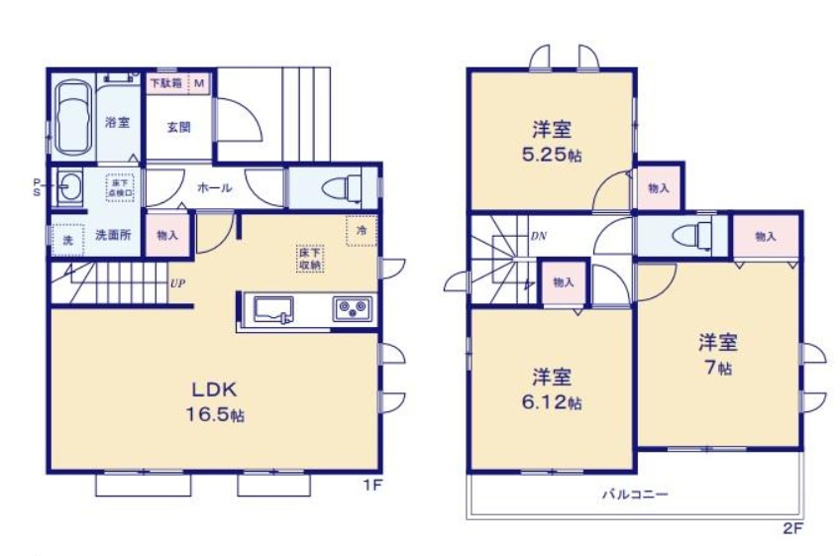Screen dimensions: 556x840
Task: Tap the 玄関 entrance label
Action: click(x=179, y=127)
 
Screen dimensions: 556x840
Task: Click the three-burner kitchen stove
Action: click(x=352, y=310)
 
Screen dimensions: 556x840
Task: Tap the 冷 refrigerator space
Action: click(x=361, y=230)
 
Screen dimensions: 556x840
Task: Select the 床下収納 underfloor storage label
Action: click(x=309, y=259)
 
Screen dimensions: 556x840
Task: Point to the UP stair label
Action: click(x=177, y=283)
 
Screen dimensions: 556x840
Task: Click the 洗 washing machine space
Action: click(x=68, y=240)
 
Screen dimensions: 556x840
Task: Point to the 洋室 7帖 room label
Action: click(x=718, y=354)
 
